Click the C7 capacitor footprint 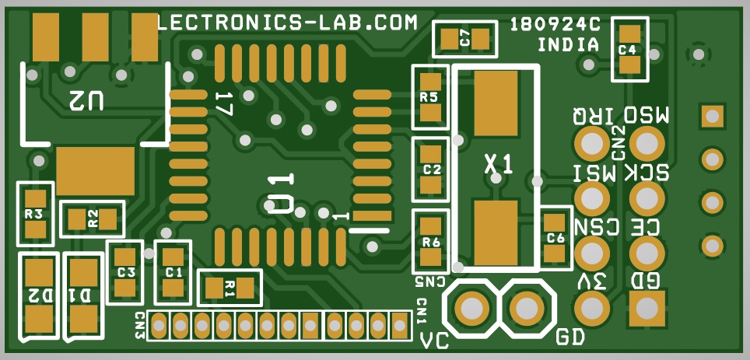coord(464,38)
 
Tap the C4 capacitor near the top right coord(629,50)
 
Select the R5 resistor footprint coord(430,97)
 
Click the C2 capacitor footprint coord(430,168)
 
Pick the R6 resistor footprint coord(431,241)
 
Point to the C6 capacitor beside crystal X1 coord(554,238)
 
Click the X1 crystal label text coord(499,164)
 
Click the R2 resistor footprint coord(93,218)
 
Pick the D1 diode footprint coord(84,295)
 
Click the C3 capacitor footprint coord(125,271)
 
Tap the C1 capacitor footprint coord(173,271)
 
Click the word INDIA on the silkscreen coord(569,45)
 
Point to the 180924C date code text coord(555,24)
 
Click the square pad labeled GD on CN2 coord(646,309)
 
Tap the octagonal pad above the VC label coord(470,308)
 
